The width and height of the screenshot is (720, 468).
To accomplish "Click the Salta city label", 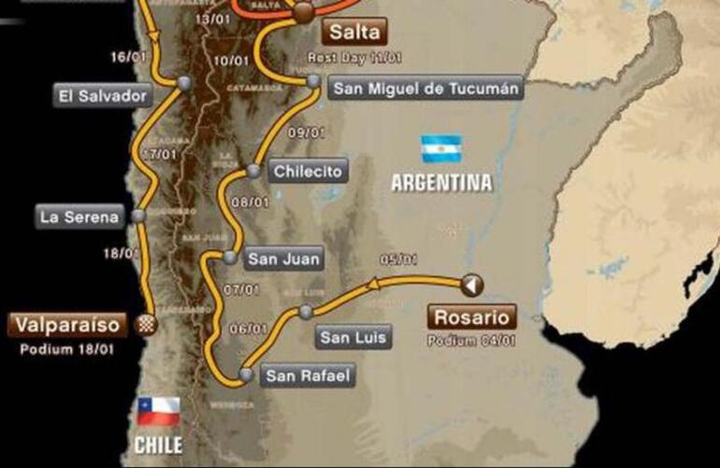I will click(x=355, y=33).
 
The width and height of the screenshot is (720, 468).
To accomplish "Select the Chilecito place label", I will click(x=308, y=171).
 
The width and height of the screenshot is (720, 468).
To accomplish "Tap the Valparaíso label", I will click(x=66, y=325).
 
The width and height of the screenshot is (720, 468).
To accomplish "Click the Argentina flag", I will click(x=441, y=149).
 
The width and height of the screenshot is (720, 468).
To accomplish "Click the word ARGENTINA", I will click(x=441, y=183).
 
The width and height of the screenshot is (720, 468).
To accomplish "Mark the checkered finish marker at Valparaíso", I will click(x=147, y=324).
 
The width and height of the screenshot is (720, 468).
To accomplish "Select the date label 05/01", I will click(x=396, y=261).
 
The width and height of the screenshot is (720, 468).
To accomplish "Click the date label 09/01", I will click(x=305, y=132).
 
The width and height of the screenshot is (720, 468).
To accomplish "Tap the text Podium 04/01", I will click(x=471, y=340).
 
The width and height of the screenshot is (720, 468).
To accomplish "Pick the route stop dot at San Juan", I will click(x=230, y=257).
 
